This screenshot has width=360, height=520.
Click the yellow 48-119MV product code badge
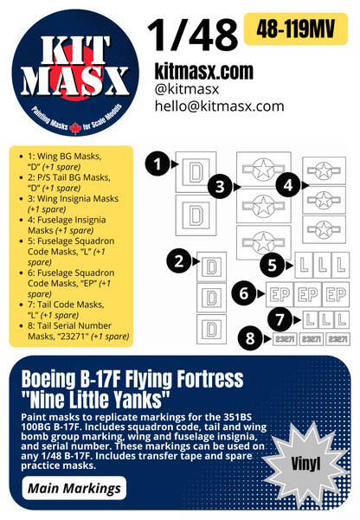(300, 29)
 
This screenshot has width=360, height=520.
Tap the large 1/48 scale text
(192, 34)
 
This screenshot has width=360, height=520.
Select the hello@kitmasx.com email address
(219, 106)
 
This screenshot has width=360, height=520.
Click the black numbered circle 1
(157, 161)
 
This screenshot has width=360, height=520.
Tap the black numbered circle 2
(178, 259)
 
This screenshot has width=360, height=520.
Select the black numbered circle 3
(221, 185)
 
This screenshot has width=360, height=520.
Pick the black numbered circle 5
(273, 264)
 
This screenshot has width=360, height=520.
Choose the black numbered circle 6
(245, 294)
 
